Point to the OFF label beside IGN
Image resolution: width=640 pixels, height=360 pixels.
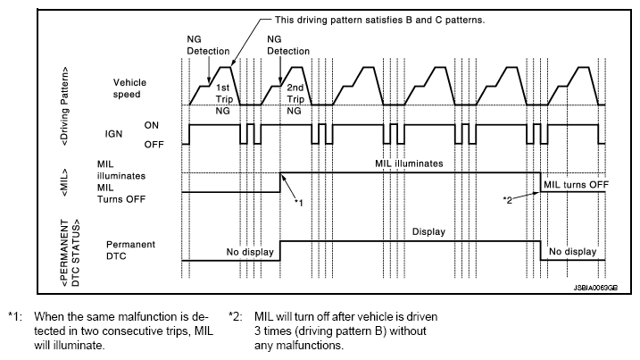[154, 142]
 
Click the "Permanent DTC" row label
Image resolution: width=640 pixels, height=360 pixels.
[132, 250]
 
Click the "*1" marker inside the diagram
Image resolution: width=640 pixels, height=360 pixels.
[300, 203]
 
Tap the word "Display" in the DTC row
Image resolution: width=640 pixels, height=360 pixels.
[428, 231]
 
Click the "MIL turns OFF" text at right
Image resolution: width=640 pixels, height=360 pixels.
[576, 184]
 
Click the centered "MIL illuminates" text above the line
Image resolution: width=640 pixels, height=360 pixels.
[409, 164]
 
